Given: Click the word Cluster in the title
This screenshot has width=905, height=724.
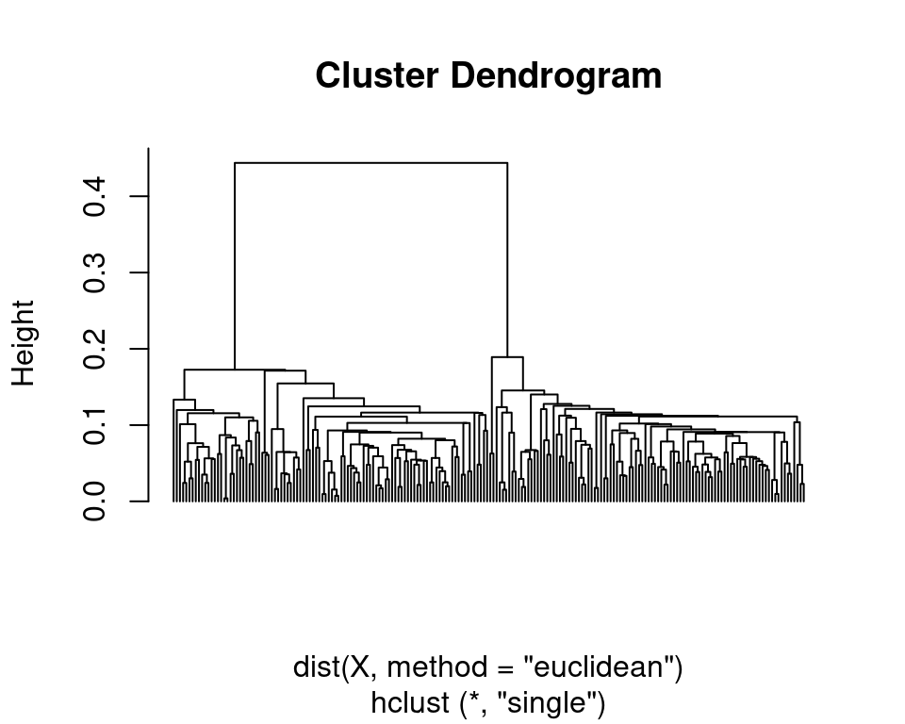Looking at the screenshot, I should point(371,75).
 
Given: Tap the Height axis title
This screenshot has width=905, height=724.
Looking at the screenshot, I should point(23,343).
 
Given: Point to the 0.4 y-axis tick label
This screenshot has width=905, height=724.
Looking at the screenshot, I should point(94,196).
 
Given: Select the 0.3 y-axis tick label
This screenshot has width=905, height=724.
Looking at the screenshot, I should point(94,272).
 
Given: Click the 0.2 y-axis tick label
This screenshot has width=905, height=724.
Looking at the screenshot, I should point(94,349).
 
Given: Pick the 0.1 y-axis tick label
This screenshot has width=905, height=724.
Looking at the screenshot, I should point(94,425).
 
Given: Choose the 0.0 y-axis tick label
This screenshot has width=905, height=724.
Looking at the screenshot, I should point(94,502).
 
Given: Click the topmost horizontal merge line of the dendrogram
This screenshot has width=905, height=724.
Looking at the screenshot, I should point(370,163).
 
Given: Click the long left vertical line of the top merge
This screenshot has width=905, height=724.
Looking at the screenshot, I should point(235,264).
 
